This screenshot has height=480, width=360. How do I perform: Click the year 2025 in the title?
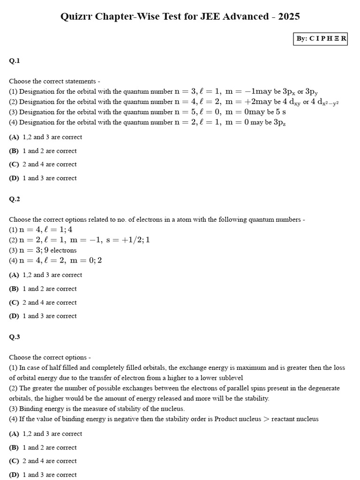tap(289, 16)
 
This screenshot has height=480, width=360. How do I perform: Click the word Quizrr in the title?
tap(77, 16)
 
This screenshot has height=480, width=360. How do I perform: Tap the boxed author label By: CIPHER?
tap(321, 38)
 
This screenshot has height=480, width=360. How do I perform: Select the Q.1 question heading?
tap(15, 60)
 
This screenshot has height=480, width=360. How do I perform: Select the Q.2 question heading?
tap(15, 199)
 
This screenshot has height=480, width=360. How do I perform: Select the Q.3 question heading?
tap(15, 337)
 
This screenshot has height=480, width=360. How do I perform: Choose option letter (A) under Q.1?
tap(14, 137)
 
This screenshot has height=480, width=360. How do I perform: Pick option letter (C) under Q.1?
tap(14, 165)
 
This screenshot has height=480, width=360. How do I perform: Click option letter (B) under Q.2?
tap(14, 289)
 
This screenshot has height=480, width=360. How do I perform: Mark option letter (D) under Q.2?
tap(14, 316)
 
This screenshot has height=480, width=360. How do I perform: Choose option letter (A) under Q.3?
tap(14, 434)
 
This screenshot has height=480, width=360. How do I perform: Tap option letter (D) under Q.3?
tap(14, 475)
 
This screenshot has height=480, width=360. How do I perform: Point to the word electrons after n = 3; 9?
tap(63, 250)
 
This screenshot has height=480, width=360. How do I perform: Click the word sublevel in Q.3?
tap(231, 378)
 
